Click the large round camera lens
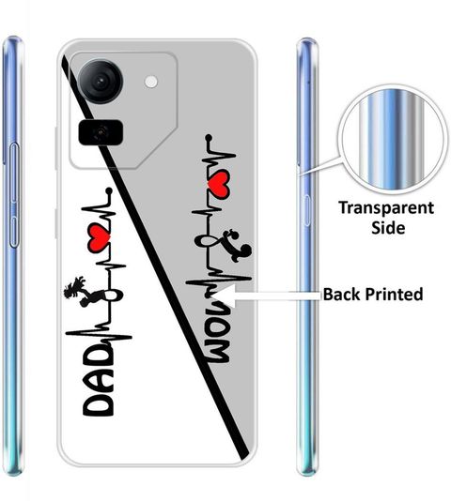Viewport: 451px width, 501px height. point(101,81)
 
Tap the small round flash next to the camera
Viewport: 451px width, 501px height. point(150,82)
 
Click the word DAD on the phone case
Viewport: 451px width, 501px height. point(99,381)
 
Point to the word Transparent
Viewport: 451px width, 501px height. point(386,208)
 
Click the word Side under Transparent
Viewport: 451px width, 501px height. point(388,227)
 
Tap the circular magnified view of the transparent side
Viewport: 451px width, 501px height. point(393,140)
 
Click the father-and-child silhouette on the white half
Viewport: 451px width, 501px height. point(77,292)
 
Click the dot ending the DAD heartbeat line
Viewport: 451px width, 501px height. point(109,190)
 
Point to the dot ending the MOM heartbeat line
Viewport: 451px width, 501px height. point(209,138)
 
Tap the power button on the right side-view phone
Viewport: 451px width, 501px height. point(307,210)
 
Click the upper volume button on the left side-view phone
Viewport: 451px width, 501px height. point(14,173)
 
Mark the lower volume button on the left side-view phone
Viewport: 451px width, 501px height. point(13,232)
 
